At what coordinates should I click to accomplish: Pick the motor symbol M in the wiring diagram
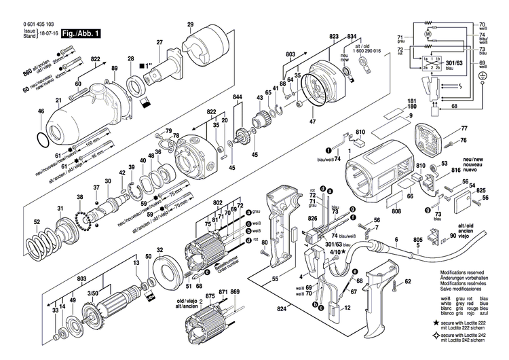[x=426, y=33]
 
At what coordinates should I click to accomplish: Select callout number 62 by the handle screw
[x=407, y=281]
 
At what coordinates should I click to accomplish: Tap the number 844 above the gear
[x=238, y=98]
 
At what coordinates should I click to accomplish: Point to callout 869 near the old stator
[x=235, y=292]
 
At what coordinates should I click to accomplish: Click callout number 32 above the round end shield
[x=161, y=250]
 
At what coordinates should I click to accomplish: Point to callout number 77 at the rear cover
[x=464, y=128]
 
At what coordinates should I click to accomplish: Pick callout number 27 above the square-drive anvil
[x=159, y=43]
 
